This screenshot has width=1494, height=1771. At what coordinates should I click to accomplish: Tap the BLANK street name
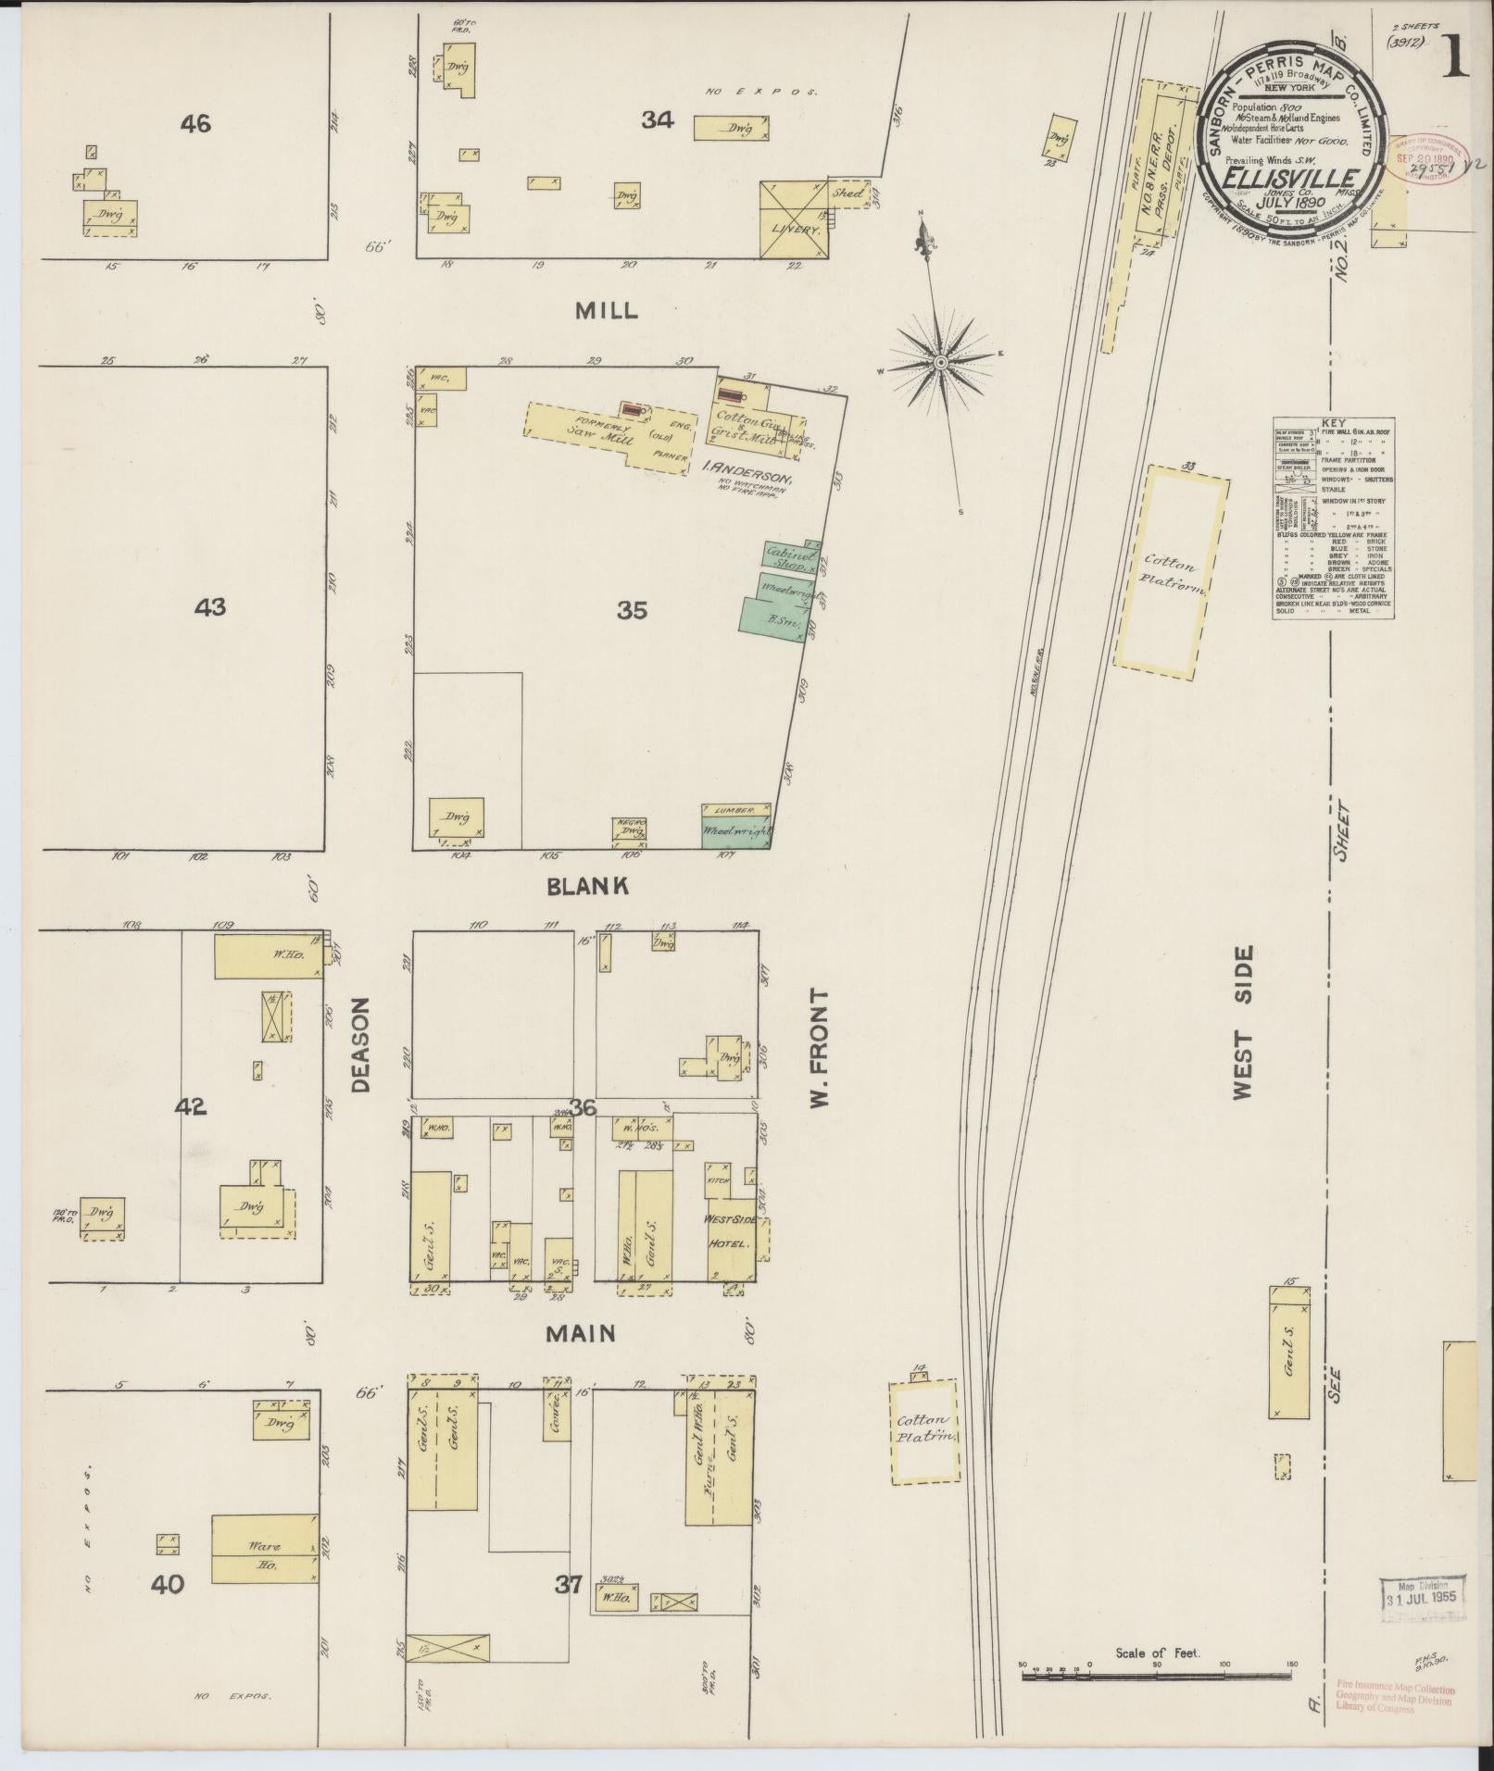(x=588, y=886)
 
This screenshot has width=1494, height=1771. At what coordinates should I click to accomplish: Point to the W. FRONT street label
(x=818, y=1047)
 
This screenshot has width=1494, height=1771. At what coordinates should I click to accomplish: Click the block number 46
(x=196, y=122)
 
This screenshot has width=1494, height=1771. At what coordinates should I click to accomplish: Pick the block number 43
(x=210, y=607)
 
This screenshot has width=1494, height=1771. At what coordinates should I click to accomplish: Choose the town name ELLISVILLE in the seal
(x=1293, y=178)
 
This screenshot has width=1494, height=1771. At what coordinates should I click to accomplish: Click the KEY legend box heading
(x=1333, y=420)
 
